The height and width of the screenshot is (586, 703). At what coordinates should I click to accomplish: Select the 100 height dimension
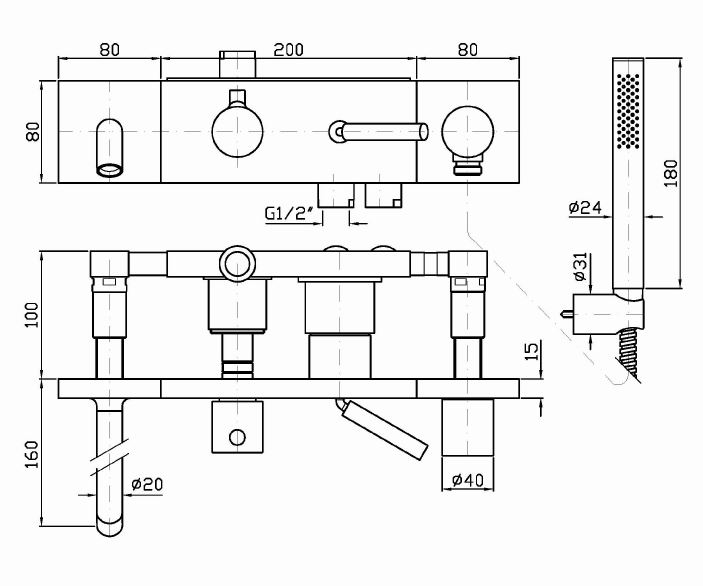pyautogui.click(x=32, y=315)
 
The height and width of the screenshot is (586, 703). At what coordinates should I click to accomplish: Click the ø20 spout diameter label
pyautogui.click(x=146, y=485)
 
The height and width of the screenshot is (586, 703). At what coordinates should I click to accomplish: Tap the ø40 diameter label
pyautogui.click(x=468, y=481)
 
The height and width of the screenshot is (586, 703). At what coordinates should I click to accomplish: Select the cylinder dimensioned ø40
pyautogui.click(x=468, y=428)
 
